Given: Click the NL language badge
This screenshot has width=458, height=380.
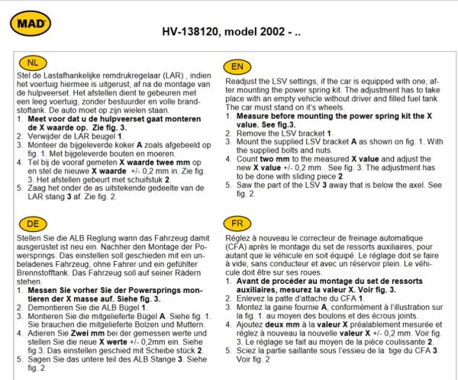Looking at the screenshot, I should [x=30, y=63].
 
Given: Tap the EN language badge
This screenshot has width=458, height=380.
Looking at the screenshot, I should [x=236, y=66].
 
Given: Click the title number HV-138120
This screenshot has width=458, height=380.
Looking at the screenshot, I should [x=198, y=34].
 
